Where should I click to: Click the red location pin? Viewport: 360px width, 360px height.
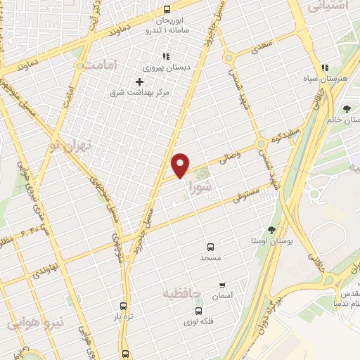coord(181,164)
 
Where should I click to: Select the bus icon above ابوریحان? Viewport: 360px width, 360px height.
coord(167,10)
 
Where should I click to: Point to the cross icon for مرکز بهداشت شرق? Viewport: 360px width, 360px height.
coord(139,82)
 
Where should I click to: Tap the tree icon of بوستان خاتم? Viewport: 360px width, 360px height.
coord(347,108)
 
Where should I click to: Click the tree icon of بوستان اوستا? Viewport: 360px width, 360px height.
coord(272,230)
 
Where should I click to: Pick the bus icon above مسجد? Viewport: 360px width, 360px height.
coord(210,247)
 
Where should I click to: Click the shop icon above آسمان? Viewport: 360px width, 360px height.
coord(222,285)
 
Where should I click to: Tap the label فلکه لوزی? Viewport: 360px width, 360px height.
coord(199,321)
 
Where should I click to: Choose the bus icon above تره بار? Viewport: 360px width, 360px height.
coord(124,306)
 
